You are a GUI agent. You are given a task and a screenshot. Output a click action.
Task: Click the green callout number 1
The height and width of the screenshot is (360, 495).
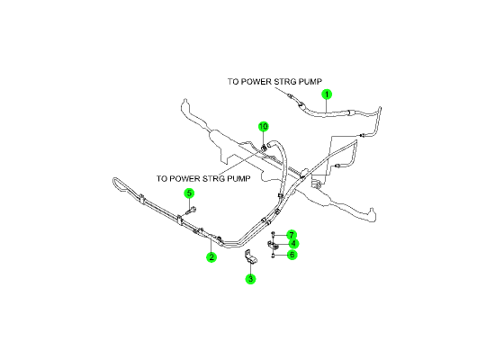point(327,94)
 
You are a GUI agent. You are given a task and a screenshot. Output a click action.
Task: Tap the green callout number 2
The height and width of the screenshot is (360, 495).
point(211,257)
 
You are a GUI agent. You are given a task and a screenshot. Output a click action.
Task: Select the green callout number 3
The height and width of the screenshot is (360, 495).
point(251,279)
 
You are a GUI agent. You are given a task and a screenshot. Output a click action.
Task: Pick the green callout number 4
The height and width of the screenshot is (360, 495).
point(293,244)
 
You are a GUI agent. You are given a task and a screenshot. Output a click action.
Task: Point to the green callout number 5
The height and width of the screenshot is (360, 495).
point(189,193)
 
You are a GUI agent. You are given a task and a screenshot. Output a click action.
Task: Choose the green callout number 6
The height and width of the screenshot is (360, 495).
point(292,255)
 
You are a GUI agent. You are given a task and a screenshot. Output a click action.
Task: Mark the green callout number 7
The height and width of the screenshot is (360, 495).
point(292,235)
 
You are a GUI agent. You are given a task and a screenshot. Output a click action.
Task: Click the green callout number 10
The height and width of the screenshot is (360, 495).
point(264,127)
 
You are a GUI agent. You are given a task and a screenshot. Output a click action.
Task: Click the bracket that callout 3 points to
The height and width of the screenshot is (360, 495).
point(251,256)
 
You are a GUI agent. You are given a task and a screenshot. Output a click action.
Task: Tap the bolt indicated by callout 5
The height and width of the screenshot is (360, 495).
point(191,211)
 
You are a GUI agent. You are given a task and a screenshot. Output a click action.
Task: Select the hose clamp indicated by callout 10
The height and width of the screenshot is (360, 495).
point(264,148)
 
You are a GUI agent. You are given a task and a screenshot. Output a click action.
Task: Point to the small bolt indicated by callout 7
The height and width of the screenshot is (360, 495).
point(273,234)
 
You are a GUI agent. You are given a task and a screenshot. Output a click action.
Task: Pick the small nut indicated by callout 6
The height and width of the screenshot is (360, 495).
point(273,256)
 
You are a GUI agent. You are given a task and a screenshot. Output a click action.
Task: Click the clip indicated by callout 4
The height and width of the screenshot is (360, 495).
point(273,245)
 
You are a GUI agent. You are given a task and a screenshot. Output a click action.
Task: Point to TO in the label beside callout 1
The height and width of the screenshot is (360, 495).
point(233,82)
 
